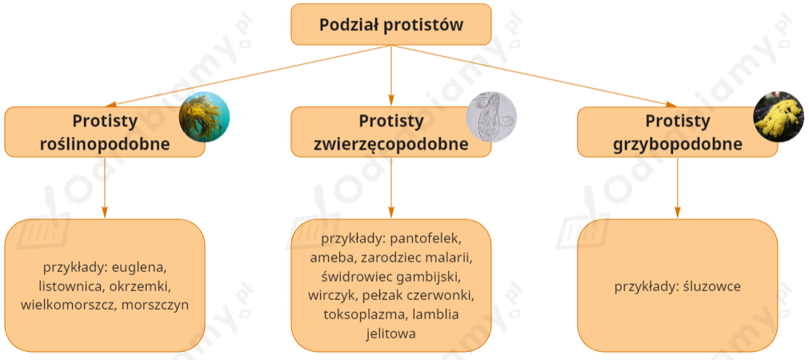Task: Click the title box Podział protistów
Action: pyautogui.click(x=390, y=24)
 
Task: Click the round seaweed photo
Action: pyautogui.click(x=204, y=118)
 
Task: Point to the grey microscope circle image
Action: pyautogui.click(x=491, y=118)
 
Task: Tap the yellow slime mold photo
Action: pyautogui.click(x=779, y=118)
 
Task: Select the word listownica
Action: pyautogui.click(x=69, y=286)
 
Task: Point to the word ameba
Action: pyautogui.click(x=331, y=258)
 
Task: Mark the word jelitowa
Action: pyautogui.click(x=390, y=333)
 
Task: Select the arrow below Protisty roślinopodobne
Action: pyautogui.click(x=105, y=188)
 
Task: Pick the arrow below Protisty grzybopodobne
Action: pyautogui.click(x=678, y=188)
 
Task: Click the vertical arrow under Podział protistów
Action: pyautogui.click(x=391, y=76)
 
